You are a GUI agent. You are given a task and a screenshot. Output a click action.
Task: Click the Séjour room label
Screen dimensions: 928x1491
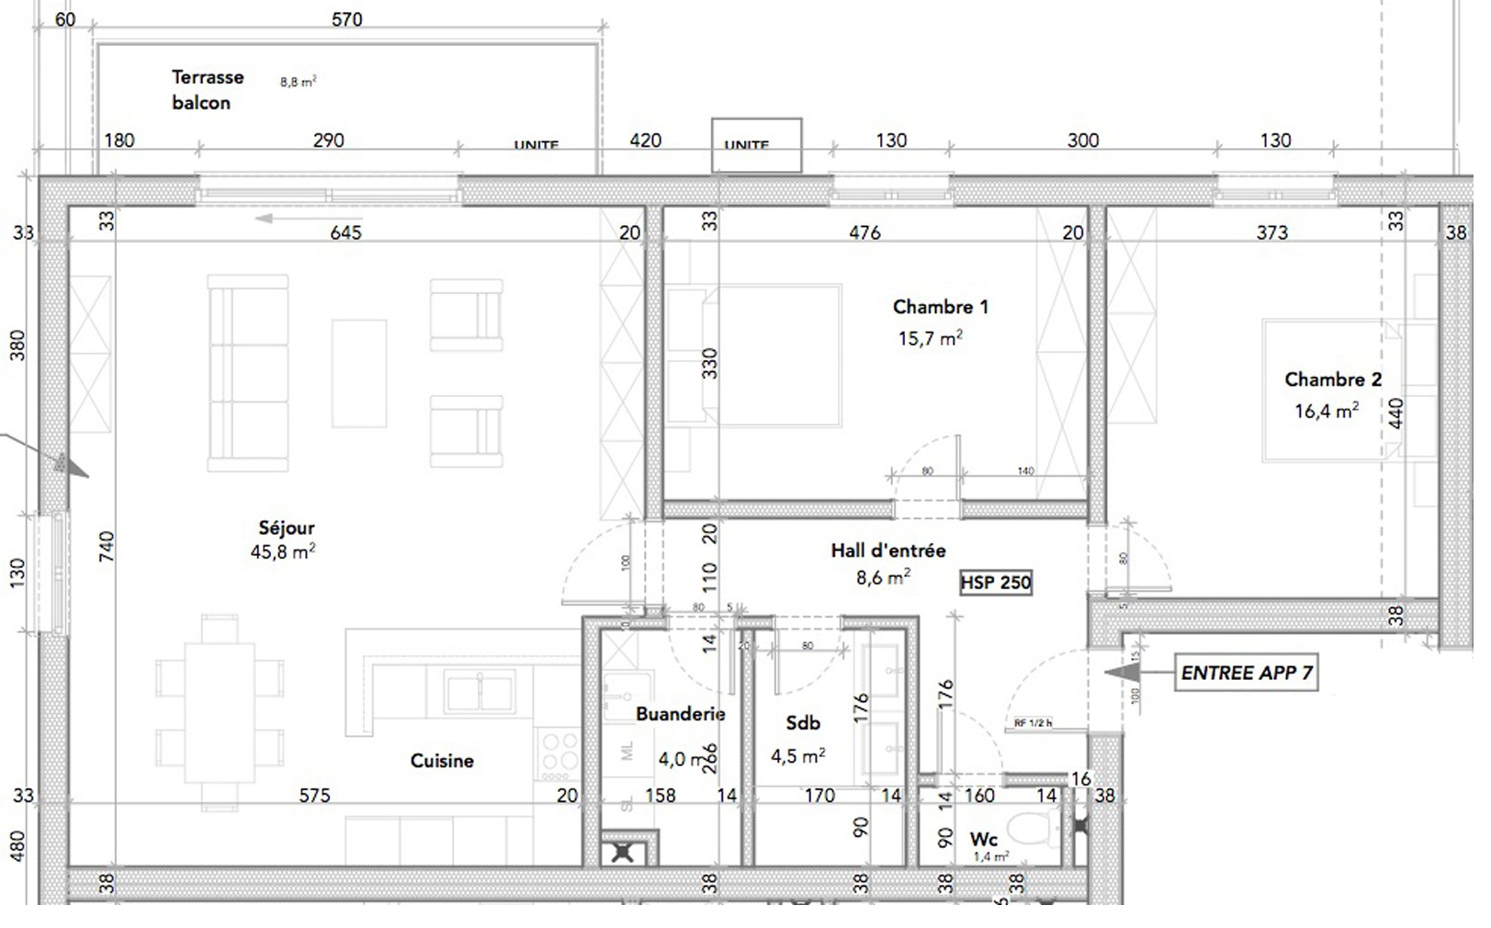[287, 528]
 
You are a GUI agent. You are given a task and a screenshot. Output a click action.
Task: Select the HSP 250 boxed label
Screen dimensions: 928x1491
[996, 583]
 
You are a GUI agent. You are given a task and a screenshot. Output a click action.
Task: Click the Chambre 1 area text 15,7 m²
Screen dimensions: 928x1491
[930, 339]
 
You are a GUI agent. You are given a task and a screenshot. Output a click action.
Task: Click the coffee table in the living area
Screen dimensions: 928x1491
[358, 373]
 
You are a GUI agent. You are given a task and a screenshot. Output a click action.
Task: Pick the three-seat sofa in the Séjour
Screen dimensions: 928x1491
[246, 373]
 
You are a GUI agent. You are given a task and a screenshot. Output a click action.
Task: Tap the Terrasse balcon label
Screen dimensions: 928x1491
[207, 90]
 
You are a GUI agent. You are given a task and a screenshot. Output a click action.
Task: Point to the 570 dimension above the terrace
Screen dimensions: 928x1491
[346, 19]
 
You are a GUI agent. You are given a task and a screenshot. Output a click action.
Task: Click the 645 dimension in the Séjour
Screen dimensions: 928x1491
[345, 232]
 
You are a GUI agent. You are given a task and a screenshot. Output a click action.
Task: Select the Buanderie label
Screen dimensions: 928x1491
[680, 714]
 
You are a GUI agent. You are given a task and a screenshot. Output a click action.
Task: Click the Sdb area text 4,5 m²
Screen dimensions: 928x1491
[797, 756]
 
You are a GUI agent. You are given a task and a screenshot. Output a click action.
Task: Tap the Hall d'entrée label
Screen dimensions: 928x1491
[887, 550]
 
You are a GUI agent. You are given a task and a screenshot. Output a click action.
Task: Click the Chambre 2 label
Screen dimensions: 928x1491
[1332, 379]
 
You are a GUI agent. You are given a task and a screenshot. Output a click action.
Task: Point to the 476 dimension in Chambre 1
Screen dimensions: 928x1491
[864, 232]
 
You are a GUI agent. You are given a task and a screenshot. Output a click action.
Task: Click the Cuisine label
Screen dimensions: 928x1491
[442, 761]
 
